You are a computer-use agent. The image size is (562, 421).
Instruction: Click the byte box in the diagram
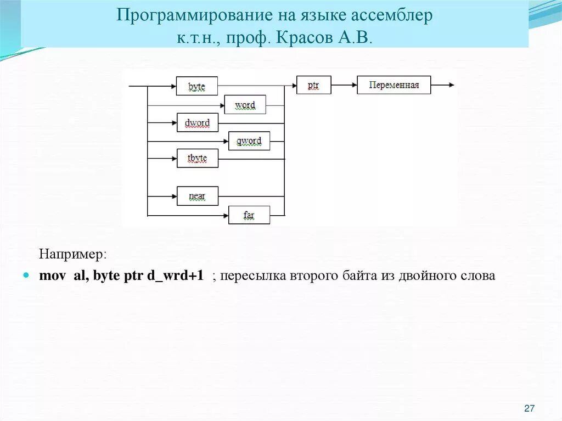point(197,86)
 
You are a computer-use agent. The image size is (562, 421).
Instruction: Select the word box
point(245,104)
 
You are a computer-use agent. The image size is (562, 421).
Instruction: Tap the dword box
point(197,122)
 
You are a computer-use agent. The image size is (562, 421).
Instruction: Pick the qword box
point(249,141)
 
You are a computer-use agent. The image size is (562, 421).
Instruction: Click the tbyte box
point(197,158)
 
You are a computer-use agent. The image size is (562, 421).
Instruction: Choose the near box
point(197,195)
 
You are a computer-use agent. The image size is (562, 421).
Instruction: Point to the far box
point(249,215)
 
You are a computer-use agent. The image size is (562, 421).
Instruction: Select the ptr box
point(313,85)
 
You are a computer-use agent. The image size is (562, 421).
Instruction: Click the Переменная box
point(394,85)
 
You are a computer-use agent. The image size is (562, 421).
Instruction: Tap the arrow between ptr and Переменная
point(344,85)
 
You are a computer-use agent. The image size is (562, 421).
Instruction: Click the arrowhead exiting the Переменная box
point(451,85)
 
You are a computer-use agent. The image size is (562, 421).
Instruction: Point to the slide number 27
point(530,408)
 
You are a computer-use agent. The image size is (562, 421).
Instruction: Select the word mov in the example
point(50,276)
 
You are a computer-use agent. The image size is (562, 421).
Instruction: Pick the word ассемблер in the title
point(391,15)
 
